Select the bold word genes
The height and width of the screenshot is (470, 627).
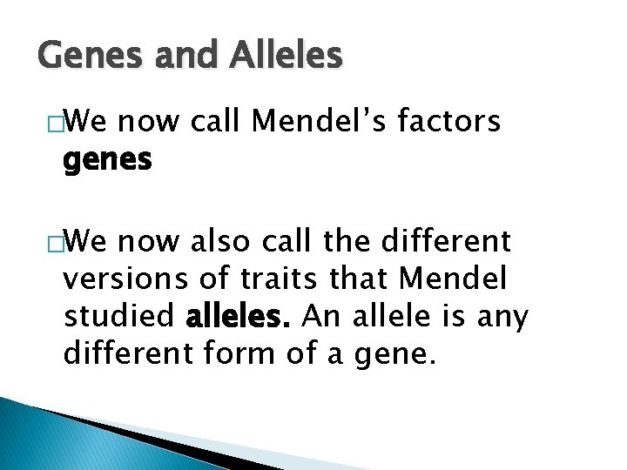pos(107,159)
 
